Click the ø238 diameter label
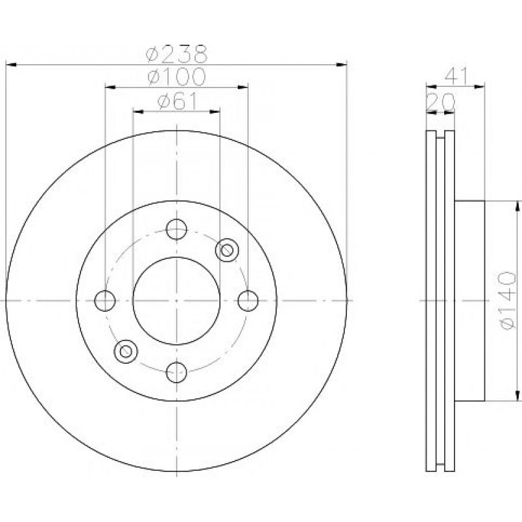click(177, 54)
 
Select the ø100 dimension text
click(177, 77)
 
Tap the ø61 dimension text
click(178, 101)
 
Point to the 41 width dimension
click(457, 77)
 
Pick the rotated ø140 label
click(508, 301)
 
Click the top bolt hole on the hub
click(176, 230)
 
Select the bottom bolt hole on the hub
click(176, 372)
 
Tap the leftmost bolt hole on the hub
click(105, 301)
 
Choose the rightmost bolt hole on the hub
click(248, 301)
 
